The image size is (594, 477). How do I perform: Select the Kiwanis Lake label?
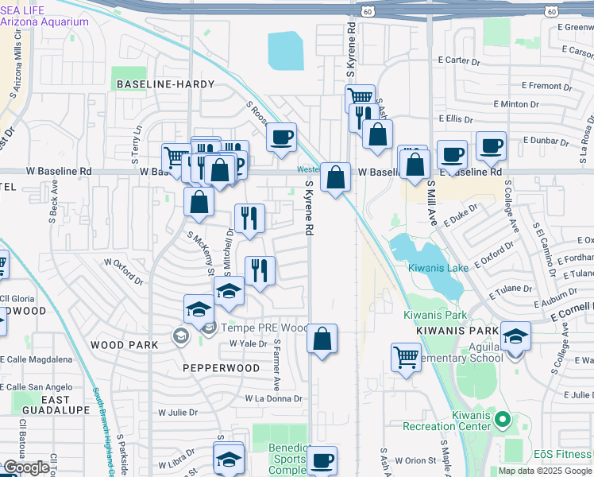point(438,268)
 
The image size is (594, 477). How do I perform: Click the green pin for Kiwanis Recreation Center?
point(501,418)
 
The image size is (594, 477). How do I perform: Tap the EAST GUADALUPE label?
point(66,405)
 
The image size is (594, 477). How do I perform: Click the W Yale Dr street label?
point(245,343)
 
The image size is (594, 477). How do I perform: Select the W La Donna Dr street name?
point(273,397)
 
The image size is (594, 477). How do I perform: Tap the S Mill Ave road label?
point(431,203)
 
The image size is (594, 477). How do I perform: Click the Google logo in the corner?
point(26,467)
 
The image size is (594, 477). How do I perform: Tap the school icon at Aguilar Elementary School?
point(515,336)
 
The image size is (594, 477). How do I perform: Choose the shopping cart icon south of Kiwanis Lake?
point(406,356)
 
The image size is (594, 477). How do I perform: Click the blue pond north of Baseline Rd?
point(286,51)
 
